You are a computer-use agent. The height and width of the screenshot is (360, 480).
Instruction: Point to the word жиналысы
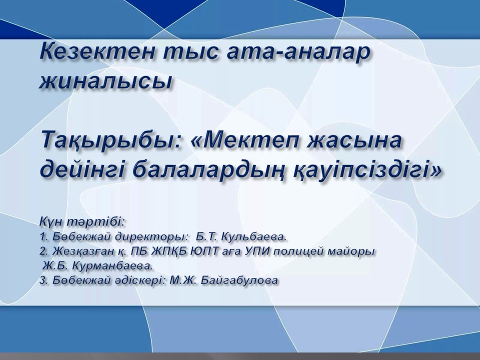click(x=105, y=81)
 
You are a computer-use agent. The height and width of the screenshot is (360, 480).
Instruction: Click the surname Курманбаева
click(x=112, y=265)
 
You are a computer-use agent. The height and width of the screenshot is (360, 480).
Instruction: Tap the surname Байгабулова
click(x=239, y=280)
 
